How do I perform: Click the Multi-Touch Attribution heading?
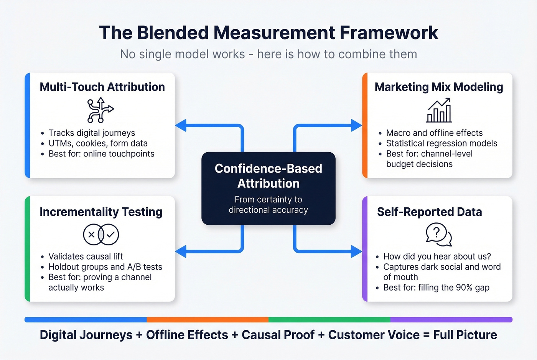102,87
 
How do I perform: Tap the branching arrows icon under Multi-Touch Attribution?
100,110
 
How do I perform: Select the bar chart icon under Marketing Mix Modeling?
439,110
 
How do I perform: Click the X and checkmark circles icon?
101,234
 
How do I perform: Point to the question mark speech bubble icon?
438,235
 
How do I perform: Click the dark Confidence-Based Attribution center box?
268,188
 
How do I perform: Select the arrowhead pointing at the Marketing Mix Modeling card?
356,125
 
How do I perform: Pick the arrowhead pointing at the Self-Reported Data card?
356,252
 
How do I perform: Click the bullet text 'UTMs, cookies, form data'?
98,143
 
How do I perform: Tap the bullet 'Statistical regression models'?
441,143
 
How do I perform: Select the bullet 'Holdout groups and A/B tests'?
105,267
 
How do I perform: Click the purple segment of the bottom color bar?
451,319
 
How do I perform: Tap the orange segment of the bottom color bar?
208,319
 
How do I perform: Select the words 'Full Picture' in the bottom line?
465,335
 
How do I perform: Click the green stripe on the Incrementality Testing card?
27,249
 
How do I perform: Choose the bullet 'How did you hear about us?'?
437,256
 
